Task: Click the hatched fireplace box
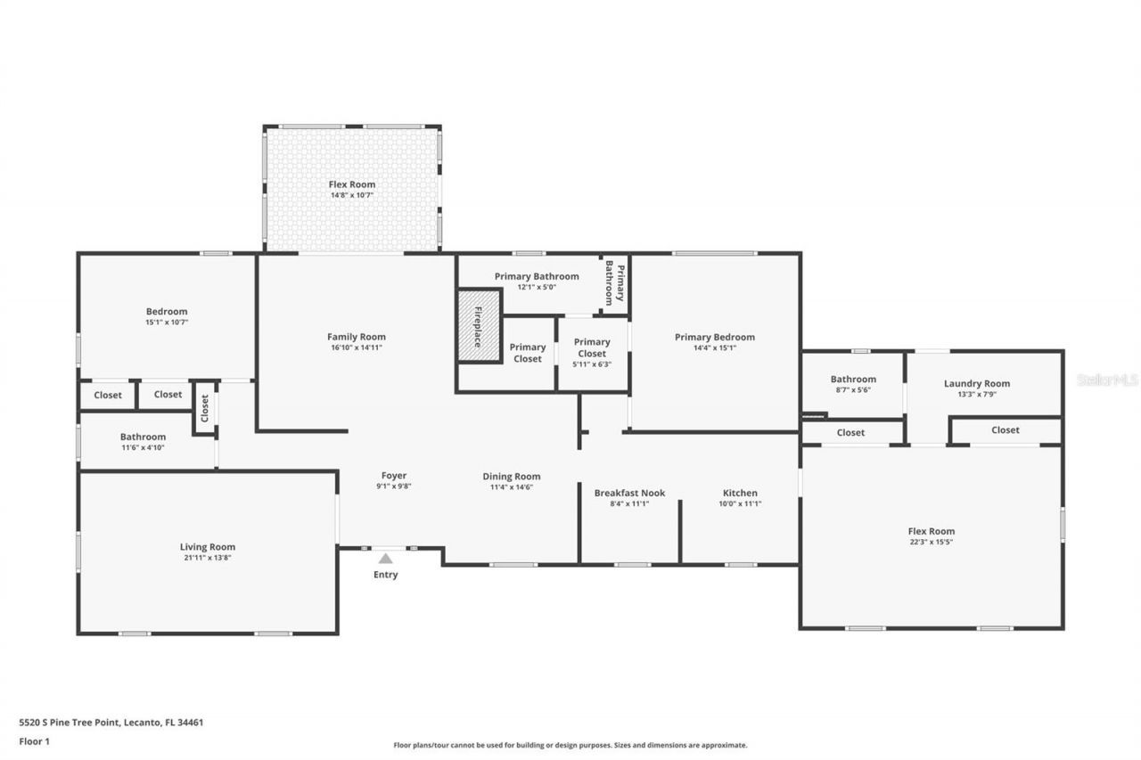(x=479, y=326)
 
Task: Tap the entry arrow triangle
(x=385, y=559)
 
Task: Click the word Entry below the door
(x=385, y=575)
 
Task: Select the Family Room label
(x=356, y=337)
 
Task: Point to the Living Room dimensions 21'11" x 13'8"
(x=207, y=558)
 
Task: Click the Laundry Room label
(x=976, y=384)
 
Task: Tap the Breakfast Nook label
(x=629, y=494)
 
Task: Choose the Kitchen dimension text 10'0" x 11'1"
(x=740, y=503)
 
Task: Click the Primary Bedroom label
(x=714, y=337)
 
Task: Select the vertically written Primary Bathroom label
(x=615, y=282)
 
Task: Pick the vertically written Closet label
(x=205, y=408)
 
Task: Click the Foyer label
(x=393, y=476)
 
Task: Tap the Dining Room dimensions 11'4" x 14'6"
(x=511, y=486)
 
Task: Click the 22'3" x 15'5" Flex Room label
(x=931, y=542)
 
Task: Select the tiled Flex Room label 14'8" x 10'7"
(x=351, y=194)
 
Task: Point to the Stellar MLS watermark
(x=1107, y=380)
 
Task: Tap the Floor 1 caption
(x=35, y=740)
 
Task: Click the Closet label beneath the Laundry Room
(x=1005, y=430)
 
